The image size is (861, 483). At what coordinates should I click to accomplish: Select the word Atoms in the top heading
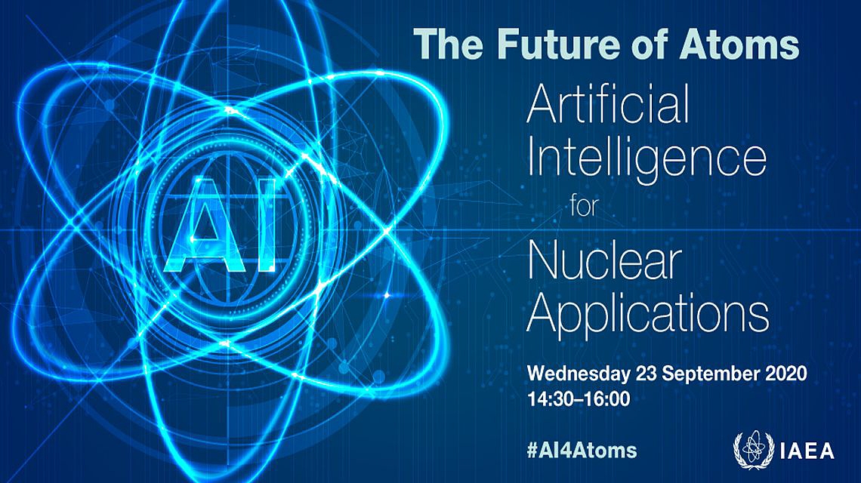[x=739, y=44]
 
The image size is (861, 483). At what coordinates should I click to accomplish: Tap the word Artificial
[x=608, y=106]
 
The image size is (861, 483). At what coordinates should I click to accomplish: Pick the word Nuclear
[x=604, y=263]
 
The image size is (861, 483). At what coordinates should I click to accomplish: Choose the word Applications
[x=648, y=315]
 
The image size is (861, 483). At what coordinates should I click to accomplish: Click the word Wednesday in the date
[x=579, y=374]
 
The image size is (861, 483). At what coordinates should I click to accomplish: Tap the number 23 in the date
[x=647, y=374]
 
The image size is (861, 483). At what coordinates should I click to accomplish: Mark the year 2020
[x=786, y=374]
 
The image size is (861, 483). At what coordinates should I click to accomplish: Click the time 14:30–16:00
[x=579, y=399]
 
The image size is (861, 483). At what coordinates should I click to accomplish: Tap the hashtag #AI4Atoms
[x=582, y=450]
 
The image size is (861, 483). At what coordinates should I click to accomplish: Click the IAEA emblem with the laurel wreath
[x=754, y=450]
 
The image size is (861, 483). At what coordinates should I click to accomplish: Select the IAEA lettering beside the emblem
[x=807, y=451]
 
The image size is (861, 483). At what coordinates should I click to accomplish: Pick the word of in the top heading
[x=653, y=44]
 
